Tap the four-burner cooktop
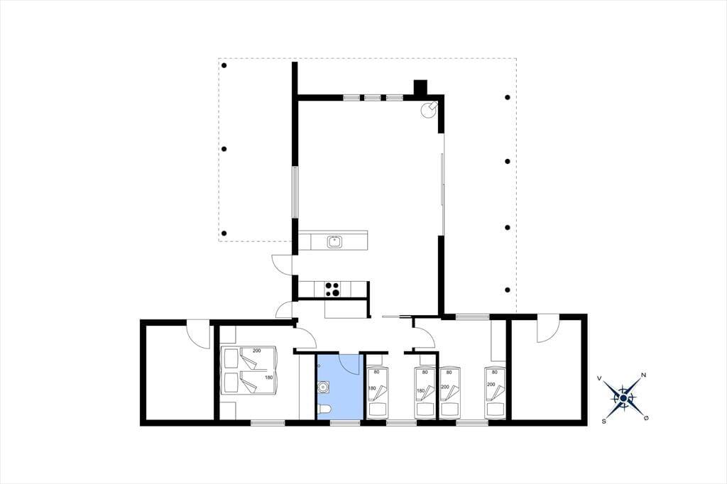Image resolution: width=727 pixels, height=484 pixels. pos(332,290)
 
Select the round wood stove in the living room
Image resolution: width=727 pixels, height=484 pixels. pos(428,110)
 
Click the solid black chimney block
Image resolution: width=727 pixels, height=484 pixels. pos(420,87)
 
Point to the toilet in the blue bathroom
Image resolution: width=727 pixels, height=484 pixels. pos(324,409)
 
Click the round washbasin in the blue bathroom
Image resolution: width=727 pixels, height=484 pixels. pos(324,387)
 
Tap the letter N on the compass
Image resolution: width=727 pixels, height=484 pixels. pos(643,375)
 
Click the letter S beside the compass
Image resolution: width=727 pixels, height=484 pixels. pos(603,422)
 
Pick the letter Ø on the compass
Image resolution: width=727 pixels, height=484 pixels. pos(646,418)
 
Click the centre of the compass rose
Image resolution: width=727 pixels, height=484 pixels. pos(623,398)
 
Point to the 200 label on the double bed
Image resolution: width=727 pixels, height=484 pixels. pos(256,351)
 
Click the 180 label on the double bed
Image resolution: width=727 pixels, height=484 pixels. pos(268,378)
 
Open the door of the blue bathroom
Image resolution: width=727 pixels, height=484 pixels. pos(349,364)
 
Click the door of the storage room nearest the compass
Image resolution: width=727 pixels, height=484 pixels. pos(548,329)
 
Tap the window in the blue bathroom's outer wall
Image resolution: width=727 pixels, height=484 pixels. pos(346,423)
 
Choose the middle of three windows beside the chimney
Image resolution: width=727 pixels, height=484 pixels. pos(372,98)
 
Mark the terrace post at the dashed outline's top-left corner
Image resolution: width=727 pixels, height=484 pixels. pos(224,65)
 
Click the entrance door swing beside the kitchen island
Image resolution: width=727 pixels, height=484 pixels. pos(282,264)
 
